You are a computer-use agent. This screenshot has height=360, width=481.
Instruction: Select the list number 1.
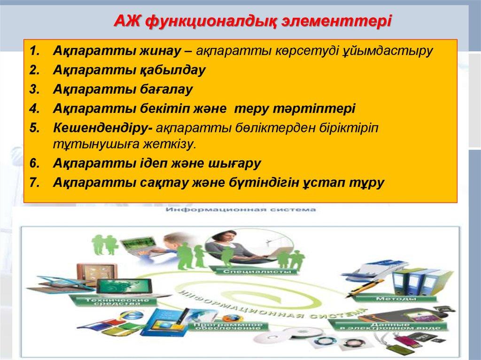pyautogui.click(x=35, y=50)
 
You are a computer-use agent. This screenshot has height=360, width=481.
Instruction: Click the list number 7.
pyautogui.click(x=35, y=183)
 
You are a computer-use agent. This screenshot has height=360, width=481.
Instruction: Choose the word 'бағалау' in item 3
pyautogui.click(x=163, y=89)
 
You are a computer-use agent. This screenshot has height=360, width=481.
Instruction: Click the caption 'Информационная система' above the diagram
pyautogui.click(x=240, y=210)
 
